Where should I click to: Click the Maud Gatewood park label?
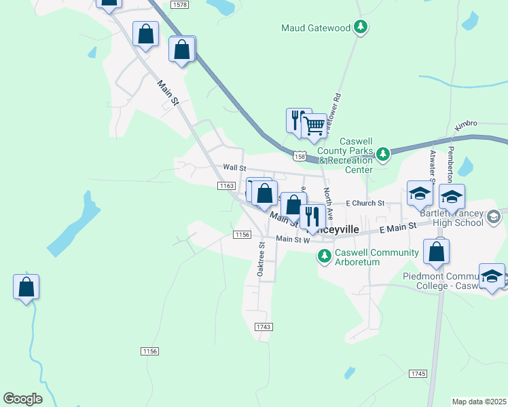[316, 28]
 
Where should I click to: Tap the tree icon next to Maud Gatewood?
[362, 28]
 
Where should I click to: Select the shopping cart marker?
[313, 125]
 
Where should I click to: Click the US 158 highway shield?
[299, 156]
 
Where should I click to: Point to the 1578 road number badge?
[179, 5]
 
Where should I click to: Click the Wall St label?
[234, 168]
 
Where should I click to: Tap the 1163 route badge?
[226, 185]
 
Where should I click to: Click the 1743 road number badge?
[264, 327]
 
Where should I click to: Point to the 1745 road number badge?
[418, 374]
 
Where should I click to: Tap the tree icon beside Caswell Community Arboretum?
[325, 256]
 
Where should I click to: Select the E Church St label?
[365, 203]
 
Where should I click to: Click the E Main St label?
[397, 229]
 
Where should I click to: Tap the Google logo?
[22, 399]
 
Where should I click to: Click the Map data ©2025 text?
[479, 402]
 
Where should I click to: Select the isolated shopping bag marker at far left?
[26, 287]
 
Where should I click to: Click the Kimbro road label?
[467, 123]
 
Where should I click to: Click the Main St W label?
[293, 239]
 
